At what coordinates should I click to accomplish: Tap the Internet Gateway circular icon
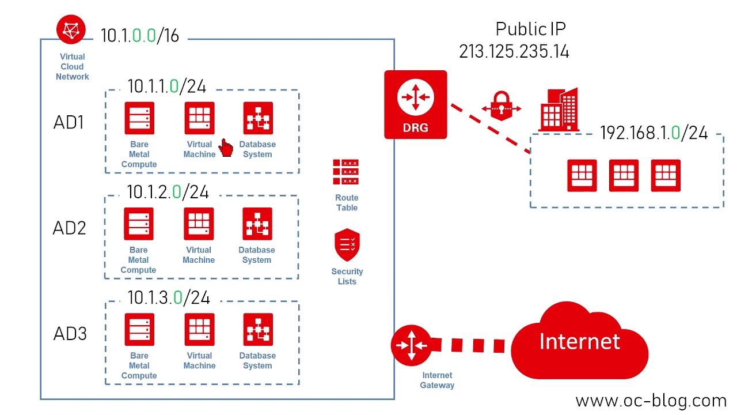[x=411, y=345]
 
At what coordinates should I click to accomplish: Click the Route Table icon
[x=345, y=172]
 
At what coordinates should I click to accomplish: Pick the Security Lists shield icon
[x=347, y=245]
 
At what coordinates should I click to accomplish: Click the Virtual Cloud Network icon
[x=71, y=30]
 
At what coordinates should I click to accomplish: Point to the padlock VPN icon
[x=502, y=105]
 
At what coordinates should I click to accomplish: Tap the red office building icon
[x=558, y=110]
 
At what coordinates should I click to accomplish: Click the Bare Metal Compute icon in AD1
[x=139, y=118]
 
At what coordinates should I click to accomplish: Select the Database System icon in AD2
[x=257, y=224]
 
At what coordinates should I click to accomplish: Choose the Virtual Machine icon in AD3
[x=199, y=329]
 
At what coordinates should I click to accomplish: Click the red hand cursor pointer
[x=226, y=149]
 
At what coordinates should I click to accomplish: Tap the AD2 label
[x=69, y=228]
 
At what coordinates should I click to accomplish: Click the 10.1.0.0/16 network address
[x=140, y=36]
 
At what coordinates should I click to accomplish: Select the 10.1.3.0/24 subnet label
[x=168, y=297]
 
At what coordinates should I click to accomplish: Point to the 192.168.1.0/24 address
[x=654, y=133]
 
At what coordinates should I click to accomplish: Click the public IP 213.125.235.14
[x=514, y=51]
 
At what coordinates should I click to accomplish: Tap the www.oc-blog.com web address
[x=651, y=401]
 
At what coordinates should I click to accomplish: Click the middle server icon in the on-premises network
[x=624, y=175]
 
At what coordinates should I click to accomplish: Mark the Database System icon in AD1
[x=257, y=118]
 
